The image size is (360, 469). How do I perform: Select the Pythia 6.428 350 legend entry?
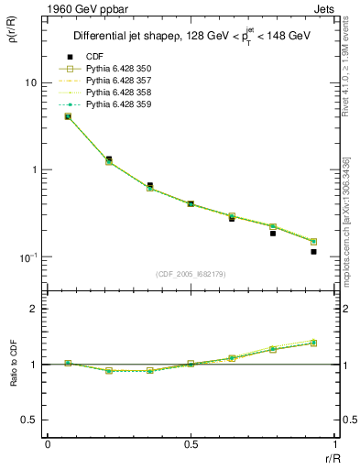pos(119,69)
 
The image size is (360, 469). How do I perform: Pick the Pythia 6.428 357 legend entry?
pos(119,81)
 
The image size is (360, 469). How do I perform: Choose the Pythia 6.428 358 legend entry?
pos(119,93)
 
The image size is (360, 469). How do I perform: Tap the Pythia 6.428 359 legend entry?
pos(119,104)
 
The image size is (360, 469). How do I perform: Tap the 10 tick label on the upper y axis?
pos(30,82)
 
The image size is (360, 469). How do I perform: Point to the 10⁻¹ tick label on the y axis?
pos(27,256)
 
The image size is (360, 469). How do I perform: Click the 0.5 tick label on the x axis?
pos(191,444)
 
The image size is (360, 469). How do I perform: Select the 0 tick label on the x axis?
pos(48,444)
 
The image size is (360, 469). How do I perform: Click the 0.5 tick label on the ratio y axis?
pos(28,420)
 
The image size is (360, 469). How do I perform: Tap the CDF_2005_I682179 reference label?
pos(191,274)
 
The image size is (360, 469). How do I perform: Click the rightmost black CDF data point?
pos(313,251)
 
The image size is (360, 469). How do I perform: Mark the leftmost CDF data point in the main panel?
pos(68,116)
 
